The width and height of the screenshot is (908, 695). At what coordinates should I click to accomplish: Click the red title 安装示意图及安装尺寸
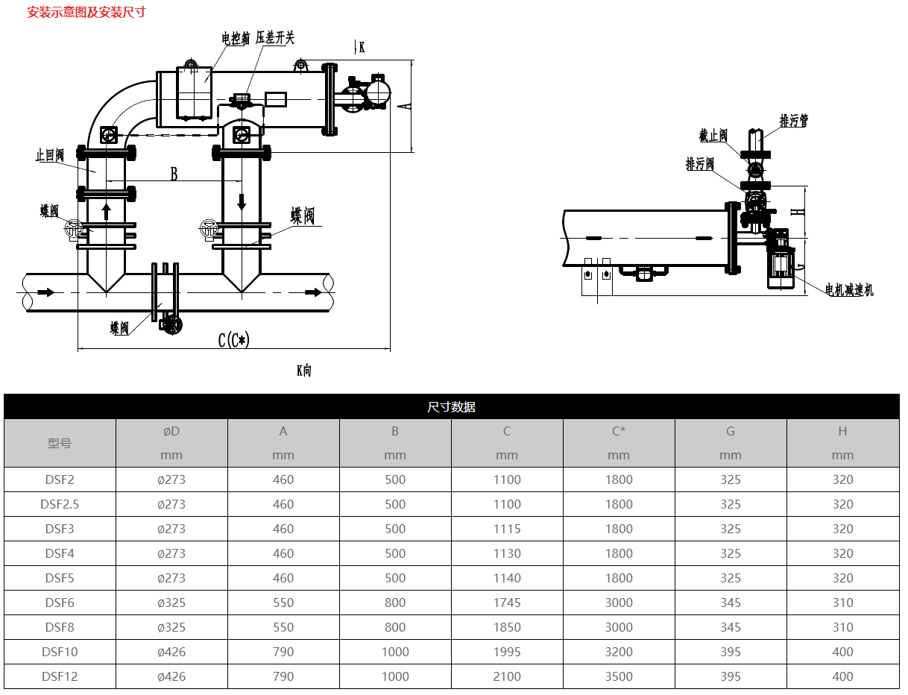(86, 13)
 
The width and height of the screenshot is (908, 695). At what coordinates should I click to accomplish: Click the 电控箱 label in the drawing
(236, 39)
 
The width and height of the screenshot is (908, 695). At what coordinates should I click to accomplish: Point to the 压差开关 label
(275, 38)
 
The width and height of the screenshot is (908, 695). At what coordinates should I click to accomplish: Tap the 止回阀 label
(50, 156)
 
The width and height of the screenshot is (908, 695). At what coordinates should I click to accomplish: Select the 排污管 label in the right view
(794, 121)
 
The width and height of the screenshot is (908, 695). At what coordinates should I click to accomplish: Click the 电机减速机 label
(849, 290)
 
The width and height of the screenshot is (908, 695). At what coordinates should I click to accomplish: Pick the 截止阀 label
(713, 136)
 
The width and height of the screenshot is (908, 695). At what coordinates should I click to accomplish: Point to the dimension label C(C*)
(233, 340)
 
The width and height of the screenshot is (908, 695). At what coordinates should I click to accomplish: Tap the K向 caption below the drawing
(304, 370)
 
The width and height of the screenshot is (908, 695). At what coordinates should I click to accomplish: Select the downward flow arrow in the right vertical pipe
(242, 201)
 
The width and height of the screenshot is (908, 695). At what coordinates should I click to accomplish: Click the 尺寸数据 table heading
(451, 407)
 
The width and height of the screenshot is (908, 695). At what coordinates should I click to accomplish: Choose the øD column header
(171, 431)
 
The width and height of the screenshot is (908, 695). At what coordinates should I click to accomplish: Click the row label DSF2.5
(60, 504)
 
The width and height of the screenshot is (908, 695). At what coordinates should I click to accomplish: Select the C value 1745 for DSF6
(507, 603)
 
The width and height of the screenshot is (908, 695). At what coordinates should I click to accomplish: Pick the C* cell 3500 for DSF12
(619, 676)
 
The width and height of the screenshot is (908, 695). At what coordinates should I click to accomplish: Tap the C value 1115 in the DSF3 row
(507, 529)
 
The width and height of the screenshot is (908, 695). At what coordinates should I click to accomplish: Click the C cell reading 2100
(507, 676)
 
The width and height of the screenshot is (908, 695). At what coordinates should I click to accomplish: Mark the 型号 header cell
(60, 443)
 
